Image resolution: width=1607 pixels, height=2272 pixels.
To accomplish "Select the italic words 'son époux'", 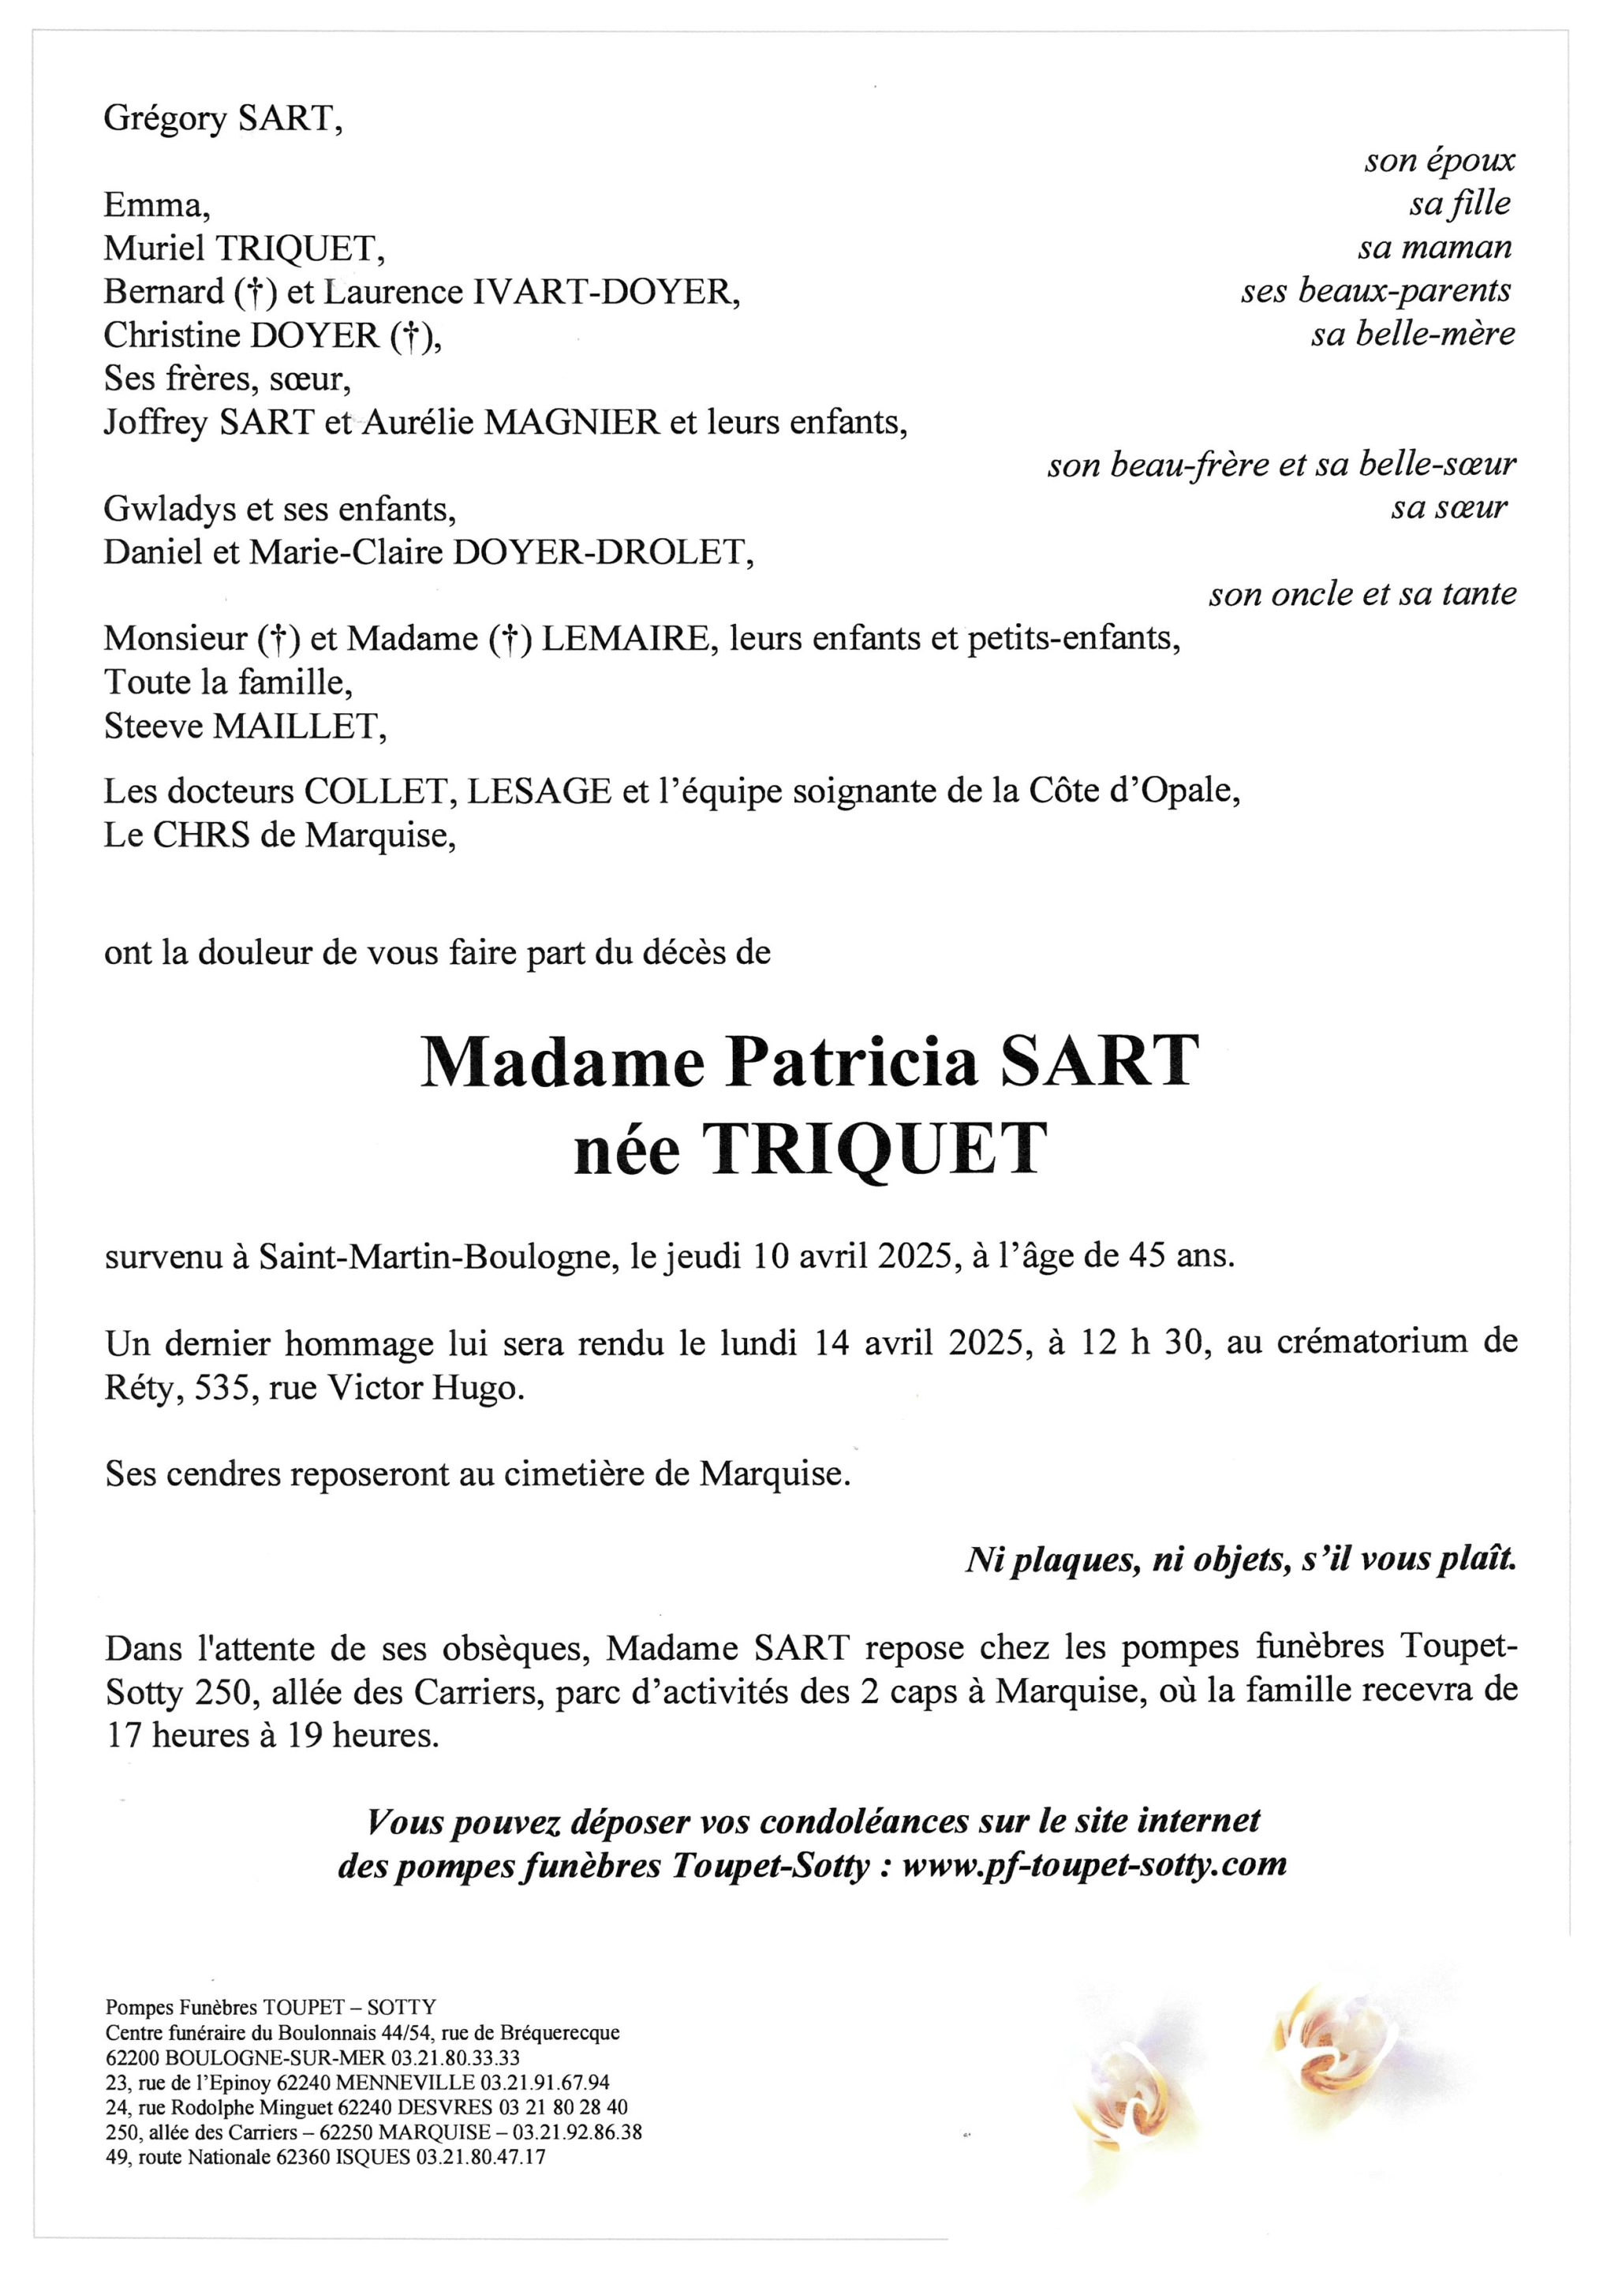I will pyautogui.click(x=1439, y=160).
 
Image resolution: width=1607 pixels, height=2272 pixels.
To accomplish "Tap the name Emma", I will pyautogui.click(x=155, y=205).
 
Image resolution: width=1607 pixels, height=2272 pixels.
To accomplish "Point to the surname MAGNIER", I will pyautogui.click(x=571, y=423).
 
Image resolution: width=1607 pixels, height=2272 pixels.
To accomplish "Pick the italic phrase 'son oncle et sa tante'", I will pyautogui.click(x=1362, y=594).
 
